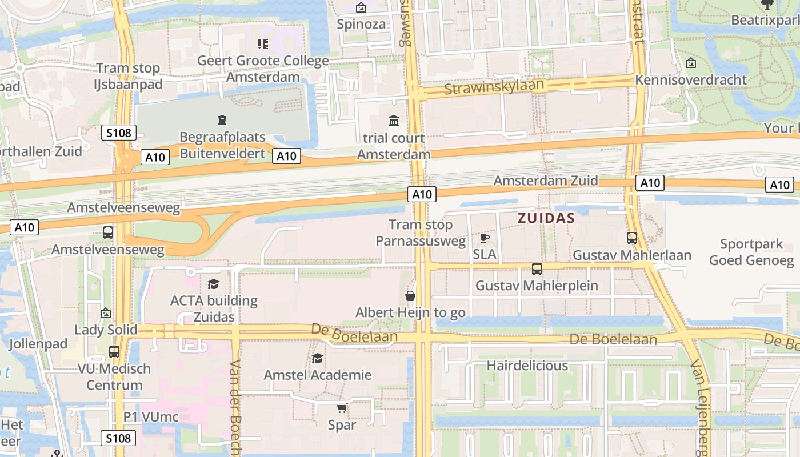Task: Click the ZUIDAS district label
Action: click(x=546, y=218)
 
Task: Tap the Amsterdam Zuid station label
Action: click(x=546, y=181)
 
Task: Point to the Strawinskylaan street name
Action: click(x=494, y=87)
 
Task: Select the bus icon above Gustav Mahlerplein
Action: click(x=537, y=268)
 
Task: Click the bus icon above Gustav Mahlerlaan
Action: click(x=631, y=238)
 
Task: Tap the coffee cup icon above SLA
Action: click(x=485, y=238)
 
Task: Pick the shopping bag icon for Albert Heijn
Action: click(x=410, y=296)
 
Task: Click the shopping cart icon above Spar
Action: click(x=342, y=408)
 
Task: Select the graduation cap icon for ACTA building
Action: click(x=214, y=284)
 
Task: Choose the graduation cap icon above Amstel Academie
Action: click(x=317, y=358)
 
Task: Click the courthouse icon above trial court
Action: click(x=394, y=121)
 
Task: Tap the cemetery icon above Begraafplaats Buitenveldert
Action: click(x=222, y=120)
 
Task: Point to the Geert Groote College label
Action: click(x=263, y=69)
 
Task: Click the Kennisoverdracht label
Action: click(x=691, y=79)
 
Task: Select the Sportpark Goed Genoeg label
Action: click(x=751, y=252)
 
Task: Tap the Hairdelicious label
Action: click(x=527, y=366)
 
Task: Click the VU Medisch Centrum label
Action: click(x=114, y=376)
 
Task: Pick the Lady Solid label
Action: click(x=106, y=330)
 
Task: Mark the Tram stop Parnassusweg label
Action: click(x=421, y=233)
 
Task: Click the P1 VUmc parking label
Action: click(x=151, y=417)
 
